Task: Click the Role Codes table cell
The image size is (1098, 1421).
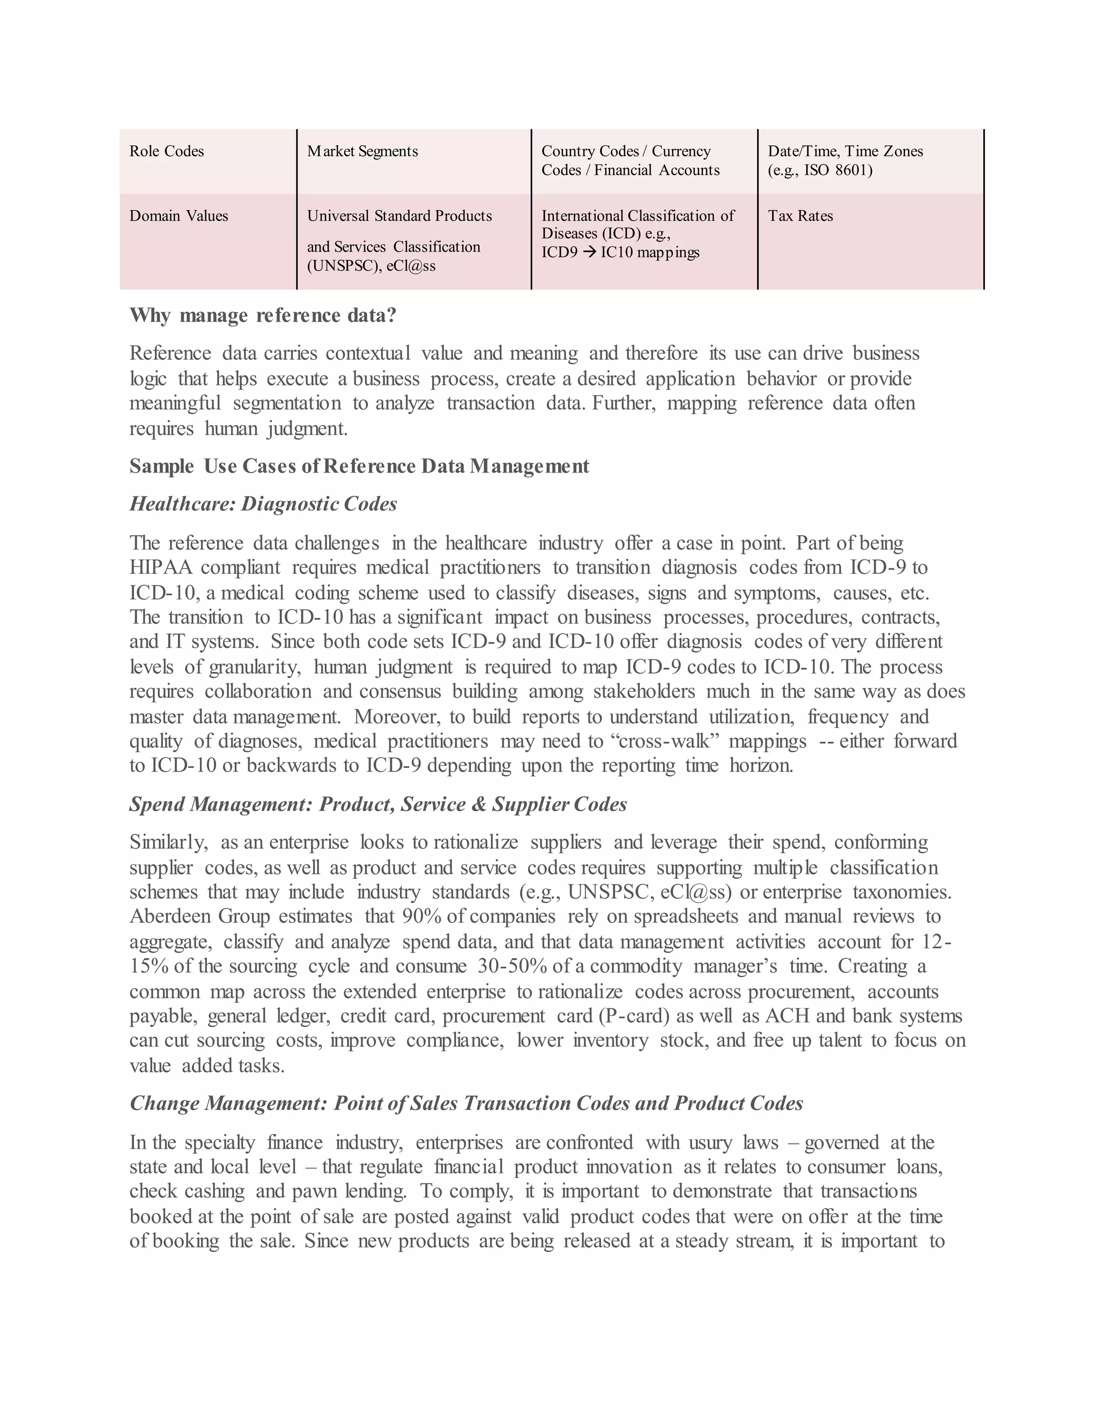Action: tap(167, 152)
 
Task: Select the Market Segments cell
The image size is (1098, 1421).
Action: tap(362, 152)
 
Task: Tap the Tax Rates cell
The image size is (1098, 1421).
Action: tap(800, 216)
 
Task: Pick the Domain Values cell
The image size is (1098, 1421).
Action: tap(179, 216)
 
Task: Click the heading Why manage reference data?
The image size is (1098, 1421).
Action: tap(263, 315)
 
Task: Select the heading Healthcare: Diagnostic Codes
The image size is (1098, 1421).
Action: tap(263, 504)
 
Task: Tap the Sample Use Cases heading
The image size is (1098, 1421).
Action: tap(359, 467)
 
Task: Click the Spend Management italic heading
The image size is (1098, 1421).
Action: tap(378, 805)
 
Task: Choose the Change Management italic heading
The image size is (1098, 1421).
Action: tap(466, 1104)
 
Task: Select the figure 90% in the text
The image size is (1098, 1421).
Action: tap(421, 917)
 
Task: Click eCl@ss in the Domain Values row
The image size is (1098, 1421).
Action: tap(411, 266)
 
